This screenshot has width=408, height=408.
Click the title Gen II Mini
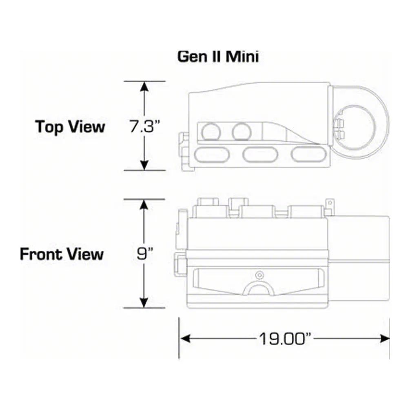tap(218, 56)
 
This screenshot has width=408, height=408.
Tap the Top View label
tap(70, 127)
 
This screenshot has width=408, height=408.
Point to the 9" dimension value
tap(145, 254)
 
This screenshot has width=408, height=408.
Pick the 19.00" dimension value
tap(285, 339)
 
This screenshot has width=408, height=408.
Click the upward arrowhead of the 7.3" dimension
tap(144, 86)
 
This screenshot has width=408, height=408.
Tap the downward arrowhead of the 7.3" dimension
tap(144, 165)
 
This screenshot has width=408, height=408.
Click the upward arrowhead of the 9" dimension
tap(144, 204)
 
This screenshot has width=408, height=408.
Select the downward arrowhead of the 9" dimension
tap(144, 303)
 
